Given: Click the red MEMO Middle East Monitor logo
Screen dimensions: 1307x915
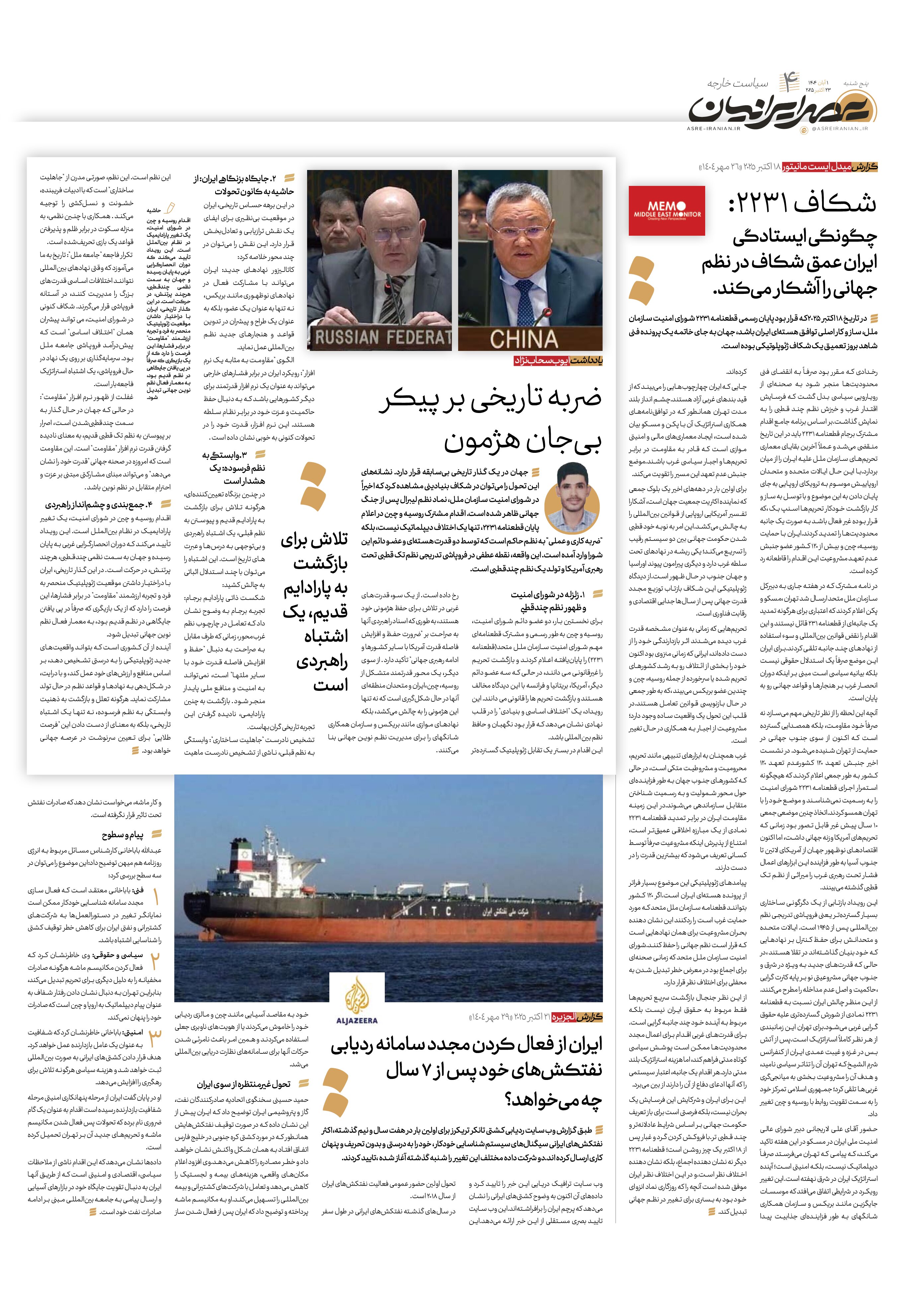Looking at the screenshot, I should pyautogui.click(x=667, y=210).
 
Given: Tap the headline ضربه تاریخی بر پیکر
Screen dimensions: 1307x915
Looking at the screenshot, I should pyautogui.click(x=491, y=398).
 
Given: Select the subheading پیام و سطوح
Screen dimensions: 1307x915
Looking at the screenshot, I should pyautogui.click(x=123, y=835).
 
